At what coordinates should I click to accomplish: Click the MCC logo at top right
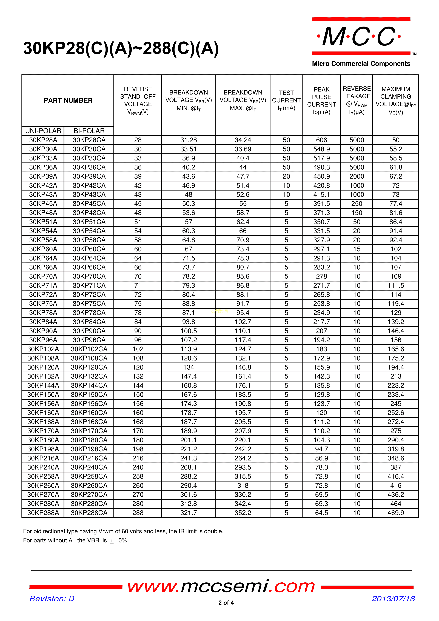(x=361, y=36)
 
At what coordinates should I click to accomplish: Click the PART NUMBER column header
(x=68, y=100)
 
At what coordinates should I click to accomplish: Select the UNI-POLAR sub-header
(x=43, y=131)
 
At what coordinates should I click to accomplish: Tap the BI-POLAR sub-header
(x=89, y=131)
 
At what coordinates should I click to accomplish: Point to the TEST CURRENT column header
(x=286, y=100)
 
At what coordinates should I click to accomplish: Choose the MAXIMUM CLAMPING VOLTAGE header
(x=396, y=100)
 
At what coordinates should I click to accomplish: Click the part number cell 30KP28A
(x=43, y=140)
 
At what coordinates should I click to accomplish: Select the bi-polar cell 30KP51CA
(x=89, y=222)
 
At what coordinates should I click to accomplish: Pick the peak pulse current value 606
(x=321, y=140)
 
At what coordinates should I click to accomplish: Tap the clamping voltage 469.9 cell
(x=396, y=513)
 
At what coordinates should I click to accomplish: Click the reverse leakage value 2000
(x=357, y=176)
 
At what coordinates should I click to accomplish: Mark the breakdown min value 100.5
(x=189, y=331)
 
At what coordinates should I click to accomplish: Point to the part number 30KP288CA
(x=89, y=513)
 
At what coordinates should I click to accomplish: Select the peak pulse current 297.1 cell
(x=321, y=249)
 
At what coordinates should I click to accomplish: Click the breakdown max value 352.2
(x=243, y=513)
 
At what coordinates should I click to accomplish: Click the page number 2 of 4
(x=226, y=603)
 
